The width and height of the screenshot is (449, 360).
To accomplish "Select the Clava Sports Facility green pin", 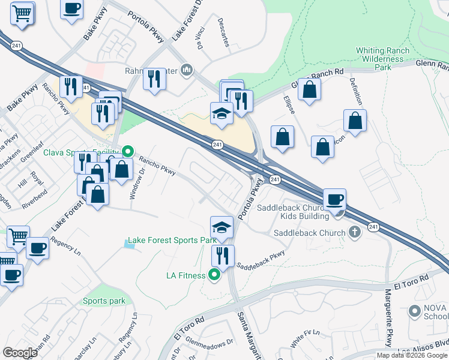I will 127,151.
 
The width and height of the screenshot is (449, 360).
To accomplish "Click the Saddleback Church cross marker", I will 355,232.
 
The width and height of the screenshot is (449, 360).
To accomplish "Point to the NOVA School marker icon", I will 414,311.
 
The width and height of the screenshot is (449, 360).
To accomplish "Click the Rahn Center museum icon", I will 187,71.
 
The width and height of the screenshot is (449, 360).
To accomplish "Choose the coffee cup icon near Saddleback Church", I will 334,199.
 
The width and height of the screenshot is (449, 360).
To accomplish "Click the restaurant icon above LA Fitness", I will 223,256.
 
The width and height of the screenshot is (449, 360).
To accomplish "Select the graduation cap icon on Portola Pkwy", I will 221,227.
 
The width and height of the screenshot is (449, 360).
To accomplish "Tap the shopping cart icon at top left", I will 22,12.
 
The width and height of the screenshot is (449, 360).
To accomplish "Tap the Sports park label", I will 104,301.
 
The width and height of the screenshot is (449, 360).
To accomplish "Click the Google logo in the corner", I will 20,353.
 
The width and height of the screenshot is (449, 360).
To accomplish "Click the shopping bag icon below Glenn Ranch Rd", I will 309,90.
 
